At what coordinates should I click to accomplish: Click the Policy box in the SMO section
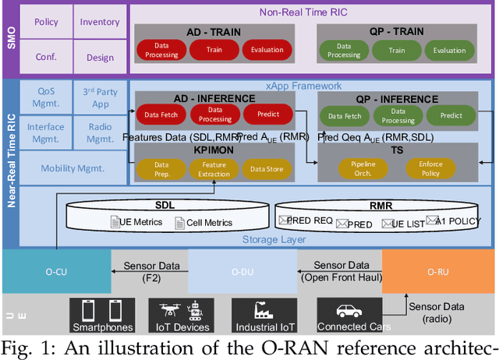tap(46, 23)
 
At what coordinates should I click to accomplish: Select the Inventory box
tap(99, 23)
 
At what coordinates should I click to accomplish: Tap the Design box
tap(99, 57)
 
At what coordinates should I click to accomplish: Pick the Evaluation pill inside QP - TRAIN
tap(449, 50)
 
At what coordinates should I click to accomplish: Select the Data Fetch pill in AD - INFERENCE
tap(161, 115)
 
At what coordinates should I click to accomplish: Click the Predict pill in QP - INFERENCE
tap(451, 115)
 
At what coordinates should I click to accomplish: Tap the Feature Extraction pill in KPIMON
tap(214, 168)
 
